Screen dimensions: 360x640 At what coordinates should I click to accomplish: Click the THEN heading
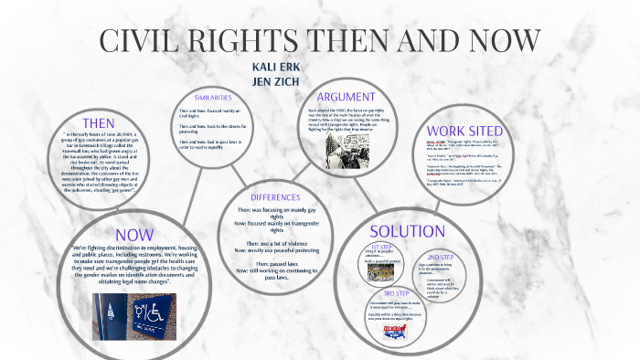(98, 122)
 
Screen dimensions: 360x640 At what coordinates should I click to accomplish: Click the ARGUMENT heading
(346, 97)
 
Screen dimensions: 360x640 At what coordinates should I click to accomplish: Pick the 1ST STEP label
(382, 248)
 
